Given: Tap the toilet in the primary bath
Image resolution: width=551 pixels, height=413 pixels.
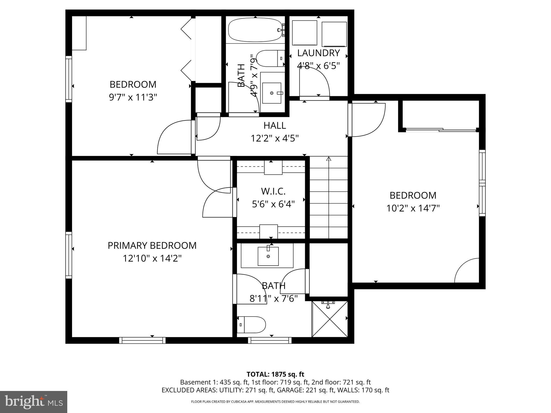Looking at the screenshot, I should [x=252, y=325].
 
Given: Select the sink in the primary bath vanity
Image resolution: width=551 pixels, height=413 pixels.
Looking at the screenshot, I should [x=268, y=256].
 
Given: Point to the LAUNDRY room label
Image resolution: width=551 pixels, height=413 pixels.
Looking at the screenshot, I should [x=318, y=53].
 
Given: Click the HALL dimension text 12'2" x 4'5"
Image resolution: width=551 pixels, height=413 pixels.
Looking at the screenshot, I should [x=275, y=138].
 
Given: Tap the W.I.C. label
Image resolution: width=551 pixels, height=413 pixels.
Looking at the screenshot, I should [x=273, y=191].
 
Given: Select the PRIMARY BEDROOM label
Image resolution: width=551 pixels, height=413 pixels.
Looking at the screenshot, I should [x=152, y=245].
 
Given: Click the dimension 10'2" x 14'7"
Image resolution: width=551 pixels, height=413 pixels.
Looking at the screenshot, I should [x=413, y=208].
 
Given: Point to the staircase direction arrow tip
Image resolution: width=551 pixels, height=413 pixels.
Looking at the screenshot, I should [x=329, y=158].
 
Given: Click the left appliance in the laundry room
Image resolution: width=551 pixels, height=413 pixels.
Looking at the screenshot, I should [x=305, y=33].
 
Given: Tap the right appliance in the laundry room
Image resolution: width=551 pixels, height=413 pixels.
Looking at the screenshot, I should [x=334, y=34].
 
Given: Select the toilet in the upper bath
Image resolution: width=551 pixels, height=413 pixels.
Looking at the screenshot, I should [x=270, y=58].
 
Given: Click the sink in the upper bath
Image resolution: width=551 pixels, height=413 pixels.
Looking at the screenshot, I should [x=272, y=93].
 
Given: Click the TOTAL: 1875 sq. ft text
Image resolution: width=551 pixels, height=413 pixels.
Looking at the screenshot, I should [x=275, y=374].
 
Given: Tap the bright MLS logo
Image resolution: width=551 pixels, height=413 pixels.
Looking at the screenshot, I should [x=33, y=402].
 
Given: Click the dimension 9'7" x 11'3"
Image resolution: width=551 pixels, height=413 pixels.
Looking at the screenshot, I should [x=133, y=97].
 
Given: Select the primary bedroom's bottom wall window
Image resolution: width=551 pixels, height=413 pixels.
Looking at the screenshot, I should [x=142, y=340].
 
